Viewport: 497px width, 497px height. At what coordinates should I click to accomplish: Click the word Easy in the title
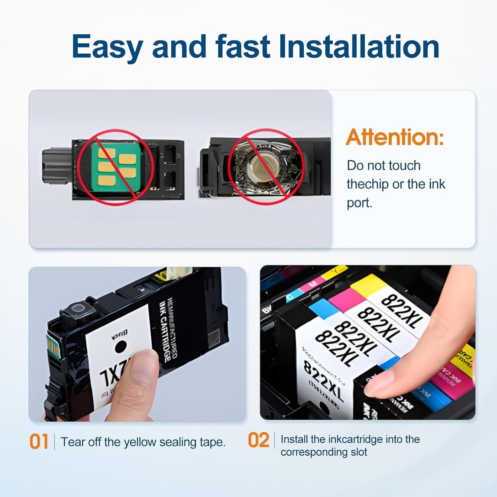point(107,47)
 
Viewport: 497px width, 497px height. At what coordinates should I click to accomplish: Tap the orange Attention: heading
point(395,137)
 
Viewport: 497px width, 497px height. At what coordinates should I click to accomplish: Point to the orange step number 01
point(39,442)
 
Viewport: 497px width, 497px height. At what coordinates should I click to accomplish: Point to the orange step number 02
point(258,440)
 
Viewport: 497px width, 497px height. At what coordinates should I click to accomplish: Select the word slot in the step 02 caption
point(359,452)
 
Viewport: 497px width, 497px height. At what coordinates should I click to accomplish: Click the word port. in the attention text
point(359,203)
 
